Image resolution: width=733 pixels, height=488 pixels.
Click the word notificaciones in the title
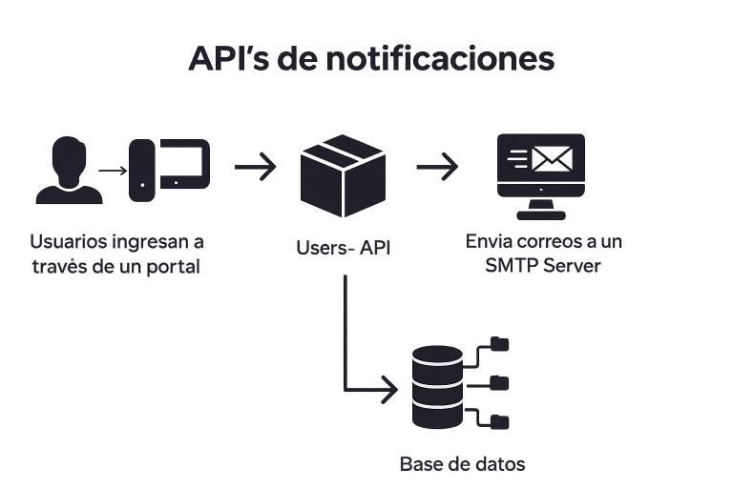[x=440, y=59]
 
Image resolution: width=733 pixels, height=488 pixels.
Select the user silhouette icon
[x=68, y=171]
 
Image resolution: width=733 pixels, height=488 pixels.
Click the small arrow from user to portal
[x=114, y=172]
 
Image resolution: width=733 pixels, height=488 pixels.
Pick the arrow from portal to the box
[x=254, y=167]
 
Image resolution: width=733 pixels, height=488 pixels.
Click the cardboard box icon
[x=341, y=176]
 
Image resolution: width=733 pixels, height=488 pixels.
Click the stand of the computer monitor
[x=542, y=203]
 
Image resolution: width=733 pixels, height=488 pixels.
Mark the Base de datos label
[x=462, y=464]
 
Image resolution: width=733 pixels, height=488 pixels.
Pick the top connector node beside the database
[x=498, y=342]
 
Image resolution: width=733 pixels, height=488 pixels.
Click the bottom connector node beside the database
[x=498, y=420]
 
